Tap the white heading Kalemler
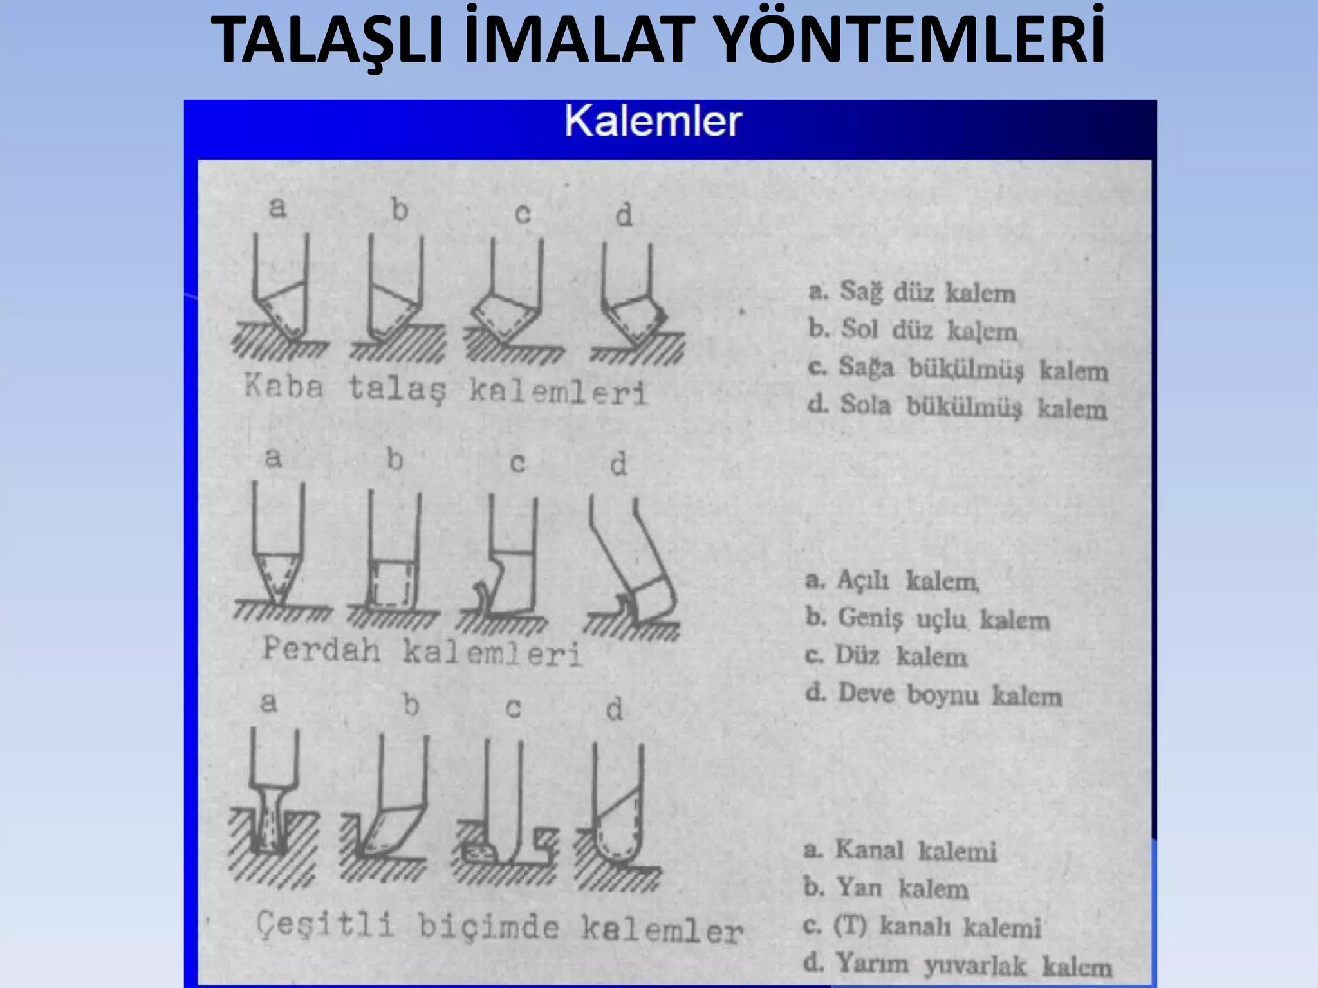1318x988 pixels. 653,121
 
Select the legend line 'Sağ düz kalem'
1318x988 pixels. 913,293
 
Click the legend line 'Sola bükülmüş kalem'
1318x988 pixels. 958,407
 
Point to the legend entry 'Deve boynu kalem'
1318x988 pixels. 933,695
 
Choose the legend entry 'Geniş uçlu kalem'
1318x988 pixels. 927,619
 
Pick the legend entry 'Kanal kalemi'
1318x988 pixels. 900,851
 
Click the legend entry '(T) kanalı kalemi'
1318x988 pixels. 922,927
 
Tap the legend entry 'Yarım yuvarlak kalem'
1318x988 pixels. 958,965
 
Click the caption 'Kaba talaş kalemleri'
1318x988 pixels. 445,389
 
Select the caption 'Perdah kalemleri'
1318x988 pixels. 422,651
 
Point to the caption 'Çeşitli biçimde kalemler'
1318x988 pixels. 499,928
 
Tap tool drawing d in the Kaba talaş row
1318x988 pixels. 634,302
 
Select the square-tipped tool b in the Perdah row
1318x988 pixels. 393,560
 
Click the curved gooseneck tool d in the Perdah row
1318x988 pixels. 634,566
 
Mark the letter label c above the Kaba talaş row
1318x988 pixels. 522,214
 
